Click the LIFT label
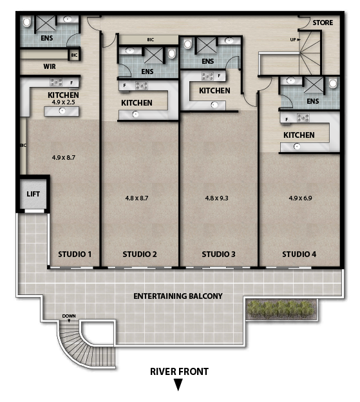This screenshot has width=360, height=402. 33,194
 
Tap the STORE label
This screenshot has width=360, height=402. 323,23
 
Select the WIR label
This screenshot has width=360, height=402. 50,66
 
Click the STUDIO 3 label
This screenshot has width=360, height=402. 218,254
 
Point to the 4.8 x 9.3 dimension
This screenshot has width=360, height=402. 216,198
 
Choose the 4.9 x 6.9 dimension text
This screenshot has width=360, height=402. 300,198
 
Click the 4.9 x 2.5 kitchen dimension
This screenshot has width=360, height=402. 63,102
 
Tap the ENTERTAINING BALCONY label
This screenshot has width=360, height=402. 178,296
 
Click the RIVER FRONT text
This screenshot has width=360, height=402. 180,372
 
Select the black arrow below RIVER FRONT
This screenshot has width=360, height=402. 178,385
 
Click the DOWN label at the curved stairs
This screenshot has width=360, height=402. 69,316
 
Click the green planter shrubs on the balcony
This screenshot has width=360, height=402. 281,309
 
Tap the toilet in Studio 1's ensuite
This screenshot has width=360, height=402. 26,22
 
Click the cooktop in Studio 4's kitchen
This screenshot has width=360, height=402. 303,118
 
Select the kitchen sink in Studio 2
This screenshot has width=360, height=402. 135,114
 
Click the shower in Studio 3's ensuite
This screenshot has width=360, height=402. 207,45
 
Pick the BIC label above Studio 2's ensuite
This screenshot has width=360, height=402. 151,39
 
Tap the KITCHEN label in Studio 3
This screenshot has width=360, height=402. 214,90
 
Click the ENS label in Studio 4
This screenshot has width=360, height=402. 313,101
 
